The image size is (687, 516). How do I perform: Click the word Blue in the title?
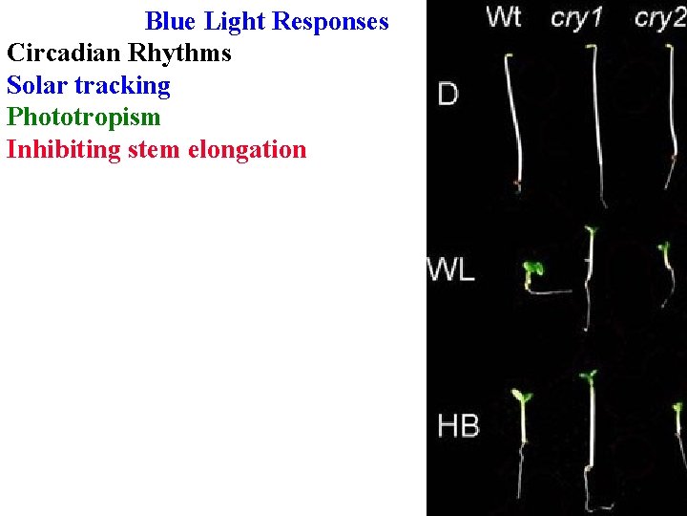171,21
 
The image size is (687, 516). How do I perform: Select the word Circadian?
62,53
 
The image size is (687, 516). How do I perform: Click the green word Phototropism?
83,118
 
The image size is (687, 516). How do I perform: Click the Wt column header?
503,17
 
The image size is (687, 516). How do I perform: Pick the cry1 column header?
576,18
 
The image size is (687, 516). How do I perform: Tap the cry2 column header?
659,18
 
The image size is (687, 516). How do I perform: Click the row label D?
448,94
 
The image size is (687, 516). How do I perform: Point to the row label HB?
458,424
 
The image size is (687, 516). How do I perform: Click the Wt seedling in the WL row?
532,273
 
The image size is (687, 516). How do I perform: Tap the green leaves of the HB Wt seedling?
521,395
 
